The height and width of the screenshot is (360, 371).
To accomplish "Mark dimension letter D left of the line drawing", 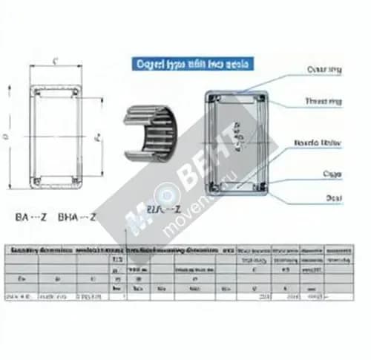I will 6,137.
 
